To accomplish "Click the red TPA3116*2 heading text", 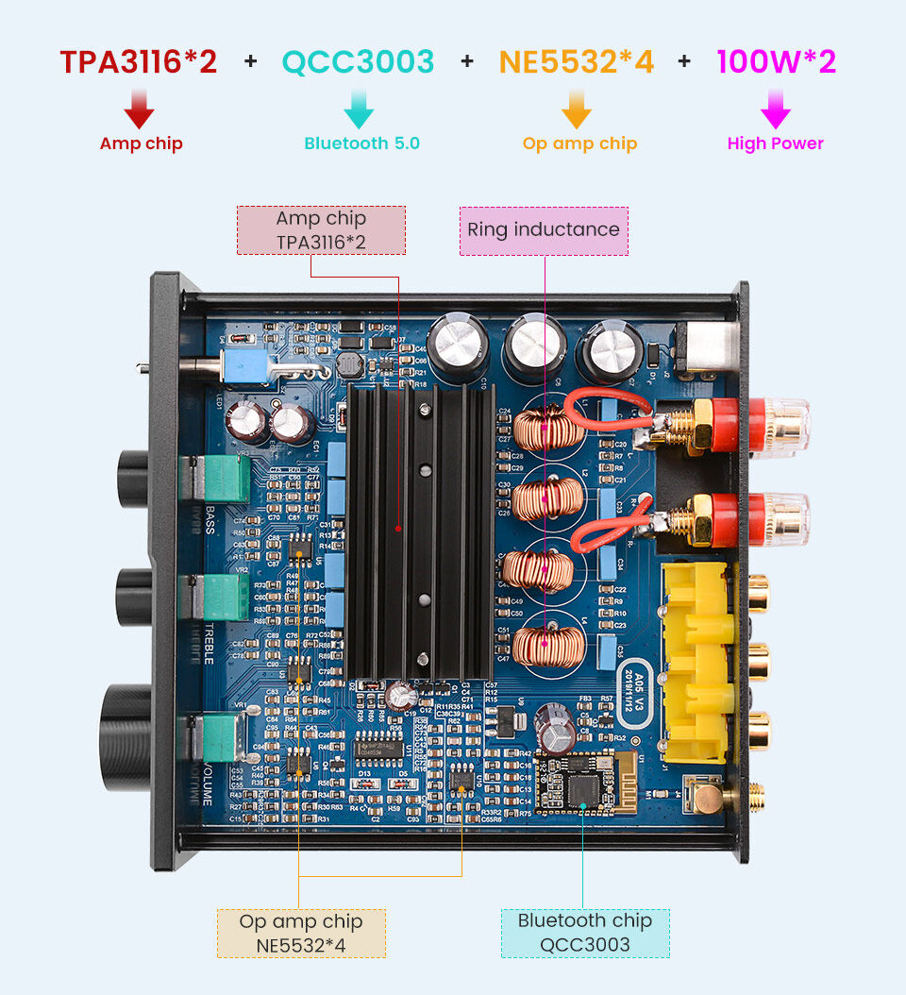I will (139, 62).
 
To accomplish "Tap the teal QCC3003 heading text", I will (358, 62).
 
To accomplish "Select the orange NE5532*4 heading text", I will (576, 62).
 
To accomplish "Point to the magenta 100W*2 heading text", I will (776, 62).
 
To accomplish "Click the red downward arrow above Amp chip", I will (140, 108).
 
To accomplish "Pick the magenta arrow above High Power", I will (776, 108).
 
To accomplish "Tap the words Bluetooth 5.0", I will (361, 143).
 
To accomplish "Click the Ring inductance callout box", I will (544, 230).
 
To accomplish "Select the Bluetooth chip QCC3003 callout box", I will (584, 933).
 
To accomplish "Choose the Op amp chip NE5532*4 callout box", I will (301, 933).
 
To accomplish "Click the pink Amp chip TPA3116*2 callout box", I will (321, 230).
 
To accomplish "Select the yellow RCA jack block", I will (698, 661).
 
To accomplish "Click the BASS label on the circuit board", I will (210, 519).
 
